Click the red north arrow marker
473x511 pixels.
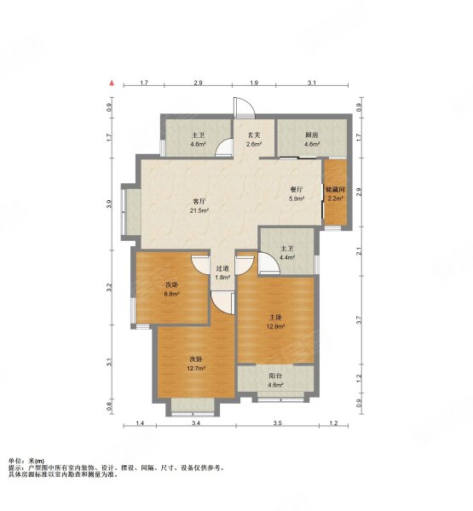pos(112,83)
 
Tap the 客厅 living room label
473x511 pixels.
pos(199,201)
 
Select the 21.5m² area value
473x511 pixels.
pos(199,210)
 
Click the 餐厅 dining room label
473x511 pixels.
pos(297,189)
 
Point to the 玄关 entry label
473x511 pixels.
pos(254,135)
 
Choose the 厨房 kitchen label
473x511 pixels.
pos(312,135)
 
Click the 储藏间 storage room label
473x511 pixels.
pos(335,189)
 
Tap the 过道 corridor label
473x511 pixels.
pos(222,268)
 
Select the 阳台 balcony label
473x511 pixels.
pos(275,376)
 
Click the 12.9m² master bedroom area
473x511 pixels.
pos(275,326)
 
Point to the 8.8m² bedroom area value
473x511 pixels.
pos(171,294)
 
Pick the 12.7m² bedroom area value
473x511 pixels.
pos(196,369)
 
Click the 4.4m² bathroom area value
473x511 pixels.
pos(287,257)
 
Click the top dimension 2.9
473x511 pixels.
pos(198,83)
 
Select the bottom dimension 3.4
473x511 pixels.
pos(196,423)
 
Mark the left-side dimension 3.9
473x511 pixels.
pos(109,204)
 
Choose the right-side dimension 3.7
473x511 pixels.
pos(359,320)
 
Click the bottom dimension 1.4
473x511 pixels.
pos(140,423)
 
